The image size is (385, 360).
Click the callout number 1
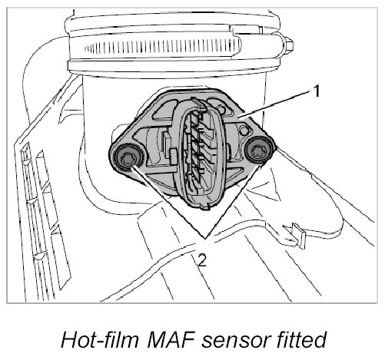click(x=317, y=91)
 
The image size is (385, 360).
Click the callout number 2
click(x=202, y=261)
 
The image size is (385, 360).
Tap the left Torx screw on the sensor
click(x=127, y=158)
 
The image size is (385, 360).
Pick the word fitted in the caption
click(x=303, y=339)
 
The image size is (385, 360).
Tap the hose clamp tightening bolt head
click(x=289, y=45)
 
